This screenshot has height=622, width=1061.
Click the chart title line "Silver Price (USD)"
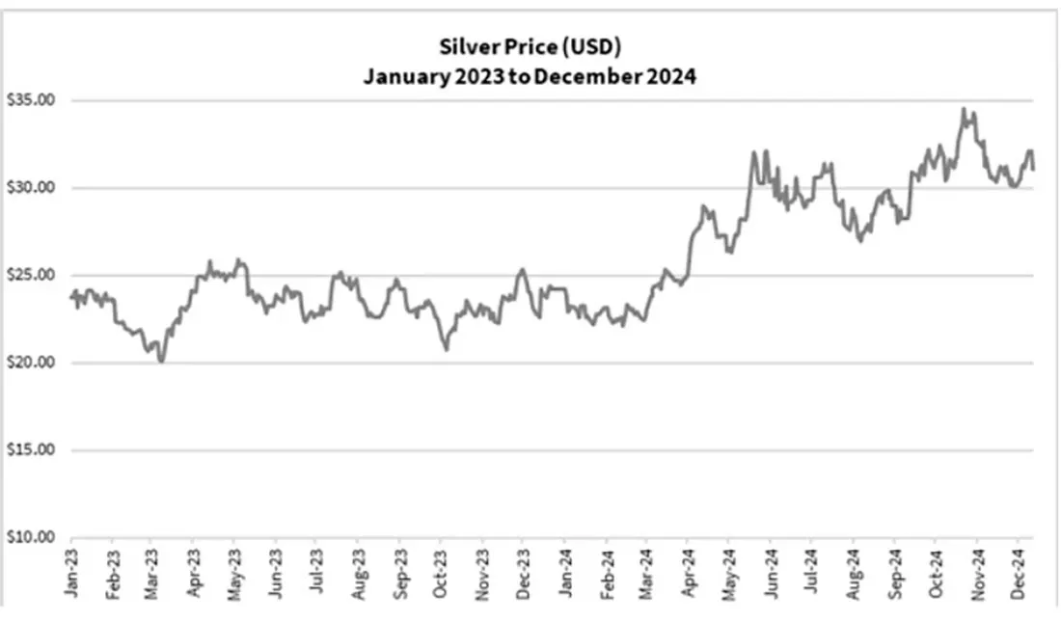pyautogui.click(x=530, y=47)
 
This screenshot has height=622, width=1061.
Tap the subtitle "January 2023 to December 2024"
pyautogui.click(x=530, y=76)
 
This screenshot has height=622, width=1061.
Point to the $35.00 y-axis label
pyautogui.click(x=31, y=100)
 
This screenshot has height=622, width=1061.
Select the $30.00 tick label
pyautogui.click(x=31, y=187)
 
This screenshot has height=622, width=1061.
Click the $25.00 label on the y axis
pyautogui.click(x=31, y=275)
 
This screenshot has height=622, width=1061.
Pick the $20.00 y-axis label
pyautogui.click(x=31, y=362)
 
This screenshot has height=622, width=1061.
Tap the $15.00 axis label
pyautogui.click(x=31, y=449)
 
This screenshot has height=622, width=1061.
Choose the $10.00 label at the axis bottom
pyautogui.click(x=31, y=537)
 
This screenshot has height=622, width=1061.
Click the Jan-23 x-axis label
pyautogui.click(x=71, y=573)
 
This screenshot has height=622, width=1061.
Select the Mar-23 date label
pyautogui.click(x=150, y=573)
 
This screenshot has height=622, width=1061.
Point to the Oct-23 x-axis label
pyautogui.click(x=441, y=573)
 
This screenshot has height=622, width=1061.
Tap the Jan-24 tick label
pyautogui.click(x=565, y=573)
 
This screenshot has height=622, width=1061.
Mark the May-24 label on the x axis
pyautogui.click(x=729, y=573)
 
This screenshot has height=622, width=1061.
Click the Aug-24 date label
pyautogui.click(x=854, y=573)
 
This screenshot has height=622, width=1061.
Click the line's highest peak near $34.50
pyautogui.click(x=964, y=109)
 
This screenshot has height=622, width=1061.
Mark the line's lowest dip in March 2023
pyautogui.click(x=161, y=361)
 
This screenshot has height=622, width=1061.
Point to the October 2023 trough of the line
pyautogui.click(x=446, y=349)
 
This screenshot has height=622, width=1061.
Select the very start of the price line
pyautogui.click(x=71, y=297)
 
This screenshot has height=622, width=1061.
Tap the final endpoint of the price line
pyautogui.click(x=1033, y=169)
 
